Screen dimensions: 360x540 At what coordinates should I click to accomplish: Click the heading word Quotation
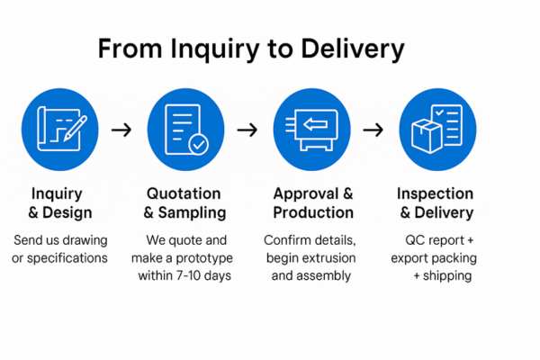[x=184, y=193]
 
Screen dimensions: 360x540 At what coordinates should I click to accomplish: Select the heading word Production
[x=313, y=213]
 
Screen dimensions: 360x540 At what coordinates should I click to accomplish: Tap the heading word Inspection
[x=436, y=193]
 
